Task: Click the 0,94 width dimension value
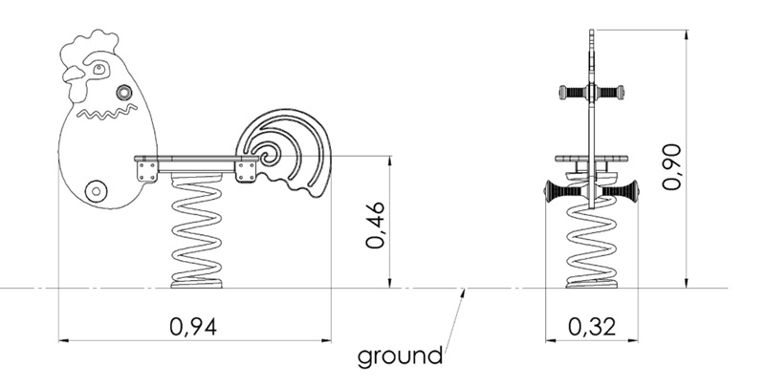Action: pos(193,326)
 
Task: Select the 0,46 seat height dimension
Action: pos(376,225)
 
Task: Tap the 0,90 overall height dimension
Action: pos(671,166)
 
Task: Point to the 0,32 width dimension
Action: pos(592,326)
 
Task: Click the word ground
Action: pos(400,356)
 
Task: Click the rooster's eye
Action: pos(99,69)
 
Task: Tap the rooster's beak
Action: pos(74,75)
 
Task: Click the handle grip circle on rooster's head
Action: pos(124,92)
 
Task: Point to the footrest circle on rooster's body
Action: pos(96,190)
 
